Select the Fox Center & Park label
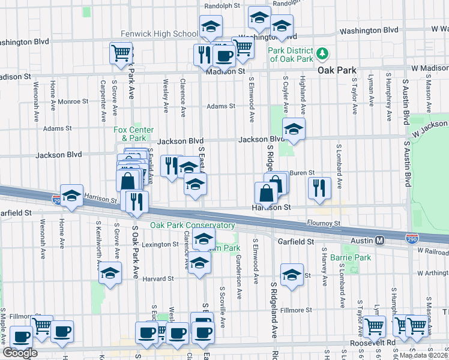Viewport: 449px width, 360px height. point(134,134)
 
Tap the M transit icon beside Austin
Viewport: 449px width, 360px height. point(379,240)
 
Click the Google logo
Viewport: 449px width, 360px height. point(20,353)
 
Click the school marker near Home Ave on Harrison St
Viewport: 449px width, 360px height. point(71,195)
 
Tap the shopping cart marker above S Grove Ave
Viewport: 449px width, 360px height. point(121,52)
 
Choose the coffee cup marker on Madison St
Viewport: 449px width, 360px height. point(224,56)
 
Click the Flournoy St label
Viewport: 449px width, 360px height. point(325,223)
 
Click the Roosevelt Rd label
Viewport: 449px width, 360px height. point(366,343)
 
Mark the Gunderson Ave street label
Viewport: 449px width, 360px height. point(239,285)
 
